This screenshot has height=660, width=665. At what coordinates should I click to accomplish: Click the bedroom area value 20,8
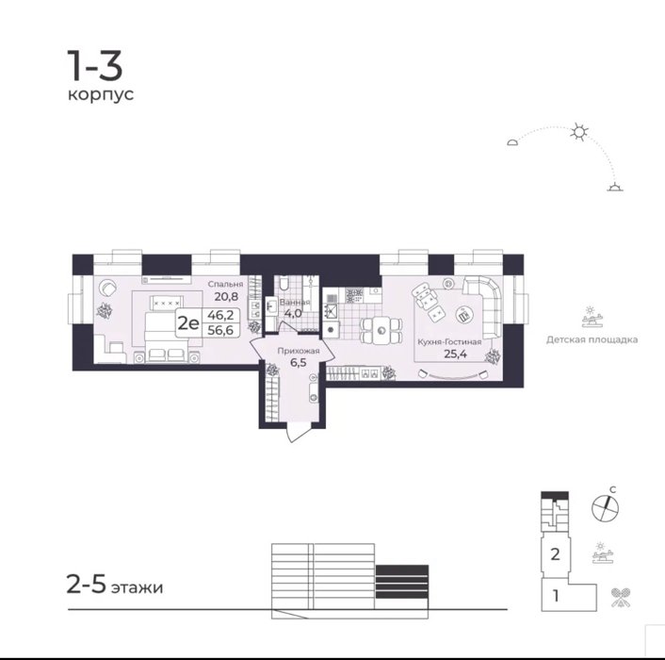(226, 296)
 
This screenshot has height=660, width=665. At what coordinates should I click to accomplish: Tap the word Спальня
(225, 284)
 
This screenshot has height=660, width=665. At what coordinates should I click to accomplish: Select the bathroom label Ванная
(295, 303)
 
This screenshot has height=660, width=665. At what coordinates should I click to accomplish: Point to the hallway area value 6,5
(299, 362)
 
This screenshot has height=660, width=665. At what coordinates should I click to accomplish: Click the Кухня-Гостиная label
(449, 341)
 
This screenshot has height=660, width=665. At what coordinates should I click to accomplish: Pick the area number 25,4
(455, 354)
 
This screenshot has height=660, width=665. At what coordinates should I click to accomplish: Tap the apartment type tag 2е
(188, 323)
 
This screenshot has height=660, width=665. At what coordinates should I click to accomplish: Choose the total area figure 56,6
(220, 330)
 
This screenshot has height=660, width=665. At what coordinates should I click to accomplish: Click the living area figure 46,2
(220, 315)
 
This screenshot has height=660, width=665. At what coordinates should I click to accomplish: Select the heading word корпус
(101, 94)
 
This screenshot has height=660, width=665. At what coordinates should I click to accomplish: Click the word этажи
(137, 587)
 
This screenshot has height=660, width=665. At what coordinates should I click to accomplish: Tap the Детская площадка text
(592, 339)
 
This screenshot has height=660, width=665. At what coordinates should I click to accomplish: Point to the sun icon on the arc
(579, 132)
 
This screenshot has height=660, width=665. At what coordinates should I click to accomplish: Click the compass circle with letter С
(606, 507)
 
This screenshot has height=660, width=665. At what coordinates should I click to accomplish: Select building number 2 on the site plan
(555, 553)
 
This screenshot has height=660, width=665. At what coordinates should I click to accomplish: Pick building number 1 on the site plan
(556, 596)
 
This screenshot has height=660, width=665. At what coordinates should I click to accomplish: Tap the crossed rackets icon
(621, 597)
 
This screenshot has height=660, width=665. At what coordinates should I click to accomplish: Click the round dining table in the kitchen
(381, 330)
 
